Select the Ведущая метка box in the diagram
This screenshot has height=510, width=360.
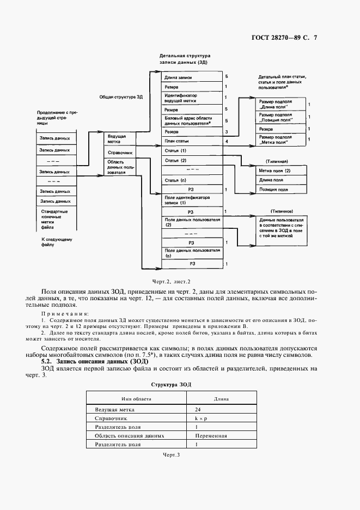pyautogui.click(x=118, y=138)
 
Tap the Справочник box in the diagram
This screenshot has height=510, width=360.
pyautogui.click(x=118, y=153)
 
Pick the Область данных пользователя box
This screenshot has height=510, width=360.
pyautogui.click(x=118, y=167)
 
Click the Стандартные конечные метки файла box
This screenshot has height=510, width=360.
pyautogui.click(x=56, y=219)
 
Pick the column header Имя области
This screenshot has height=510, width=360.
pyautogui.click(x=137, y=399)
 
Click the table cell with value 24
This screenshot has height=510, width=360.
pyautogui.click(x=197, y=409)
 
